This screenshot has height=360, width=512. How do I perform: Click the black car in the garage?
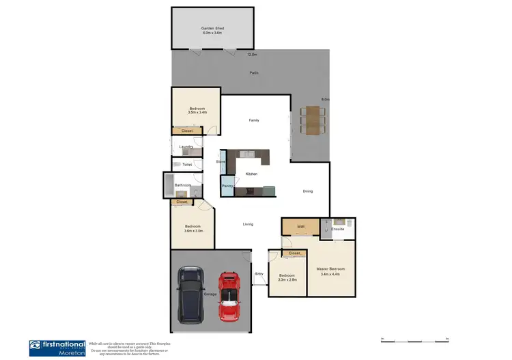190,294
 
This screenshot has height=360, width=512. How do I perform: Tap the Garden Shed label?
212,31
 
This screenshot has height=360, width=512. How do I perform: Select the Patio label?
253,73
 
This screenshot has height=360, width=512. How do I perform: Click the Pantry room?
227,185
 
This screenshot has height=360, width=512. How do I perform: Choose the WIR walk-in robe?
300,227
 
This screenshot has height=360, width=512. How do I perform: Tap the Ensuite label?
339,229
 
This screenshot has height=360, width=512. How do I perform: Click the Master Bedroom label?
330,271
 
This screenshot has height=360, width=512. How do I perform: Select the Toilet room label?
186,165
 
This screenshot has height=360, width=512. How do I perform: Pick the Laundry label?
186,147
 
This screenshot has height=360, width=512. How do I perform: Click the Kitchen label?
251,175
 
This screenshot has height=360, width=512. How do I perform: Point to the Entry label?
259,274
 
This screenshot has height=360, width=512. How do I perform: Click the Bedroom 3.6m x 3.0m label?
192,229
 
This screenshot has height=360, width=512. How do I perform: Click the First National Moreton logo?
57,348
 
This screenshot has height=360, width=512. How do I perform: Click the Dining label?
308,191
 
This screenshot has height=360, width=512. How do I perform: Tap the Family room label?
253,120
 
